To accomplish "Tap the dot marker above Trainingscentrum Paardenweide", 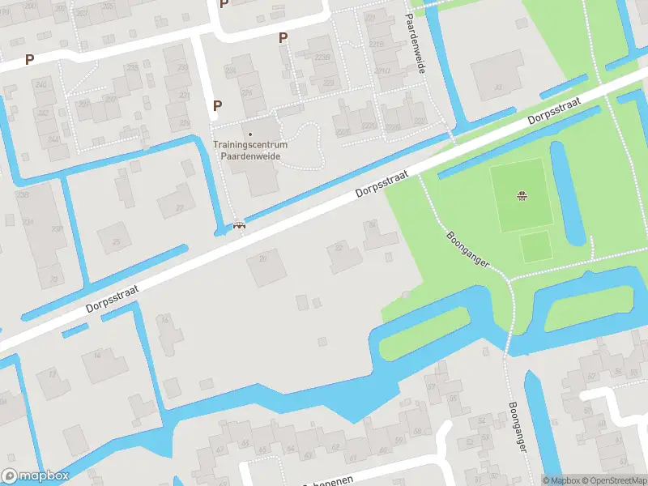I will tap(250, 134).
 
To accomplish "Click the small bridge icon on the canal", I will tap(239, 226).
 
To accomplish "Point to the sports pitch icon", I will tap(522, 195).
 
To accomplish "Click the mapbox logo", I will tap(35, 476).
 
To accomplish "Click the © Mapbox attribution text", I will tap(560, 480).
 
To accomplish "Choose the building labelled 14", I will tap(97, 356).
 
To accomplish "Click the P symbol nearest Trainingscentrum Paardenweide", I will tap(217, 105).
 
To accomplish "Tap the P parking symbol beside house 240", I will tap(30, 59).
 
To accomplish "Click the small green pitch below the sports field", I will tap(535, 246).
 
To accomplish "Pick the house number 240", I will tap(40, 85).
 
